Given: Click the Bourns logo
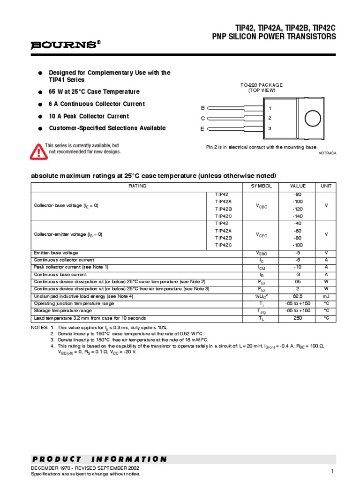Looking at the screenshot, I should (x=65, y=45).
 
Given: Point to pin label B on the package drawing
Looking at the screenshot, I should (x=203, y=108).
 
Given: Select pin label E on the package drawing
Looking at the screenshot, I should (x=203, y=128).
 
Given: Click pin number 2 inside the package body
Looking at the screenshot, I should (x=270, y=118).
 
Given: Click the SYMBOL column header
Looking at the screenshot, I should (x=261, y=186).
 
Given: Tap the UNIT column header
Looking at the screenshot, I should (x=326, y=186).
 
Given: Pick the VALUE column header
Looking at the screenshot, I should (x=298, y=186).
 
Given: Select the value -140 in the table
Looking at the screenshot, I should (x=298, y=217).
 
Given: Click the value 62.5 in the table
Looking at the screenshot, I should (x=298, y=296).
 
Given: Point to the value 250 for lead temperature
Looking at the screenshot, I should (x=298, y=318).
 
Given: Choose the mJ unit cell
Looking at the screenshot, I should (x=326, y=296).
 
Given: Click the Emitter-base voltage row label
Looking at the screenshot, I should (x=56, y=253).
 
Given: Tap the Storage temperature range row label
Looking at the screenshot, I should (x=63, y=311).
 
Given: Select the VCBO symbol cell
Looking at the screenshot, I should (x=261, y=206).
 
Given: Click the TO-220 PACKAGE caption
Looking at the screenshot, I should (x=262, y=85).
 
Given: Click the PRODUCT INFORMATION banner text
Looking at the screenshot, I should (x=99, y=459).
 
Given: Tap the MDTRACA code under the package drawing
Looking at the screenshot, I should (x=328, y=153).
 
